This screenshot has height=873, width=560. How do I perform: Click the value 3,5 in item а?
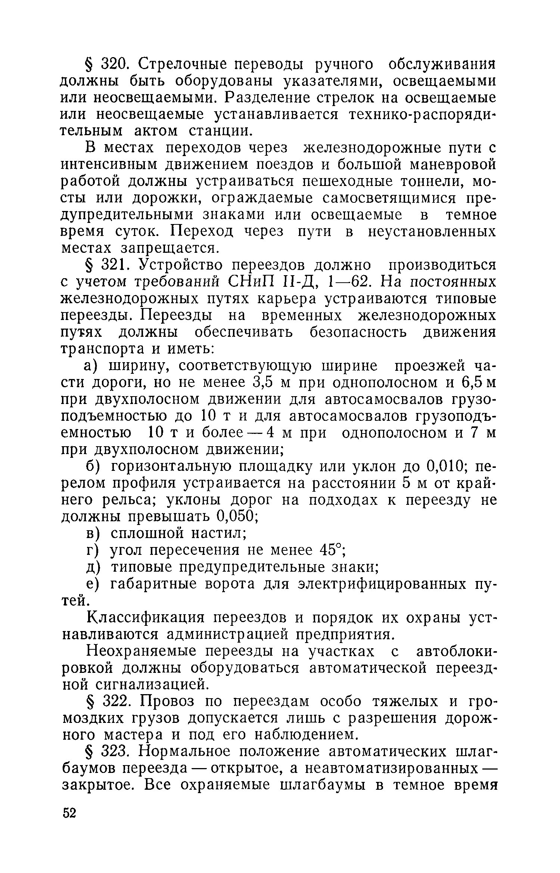pyautogui.click(x=264, y=382)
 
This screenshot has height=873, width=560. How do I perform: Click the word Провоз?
pyautogui.click(x=167, y=702)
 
